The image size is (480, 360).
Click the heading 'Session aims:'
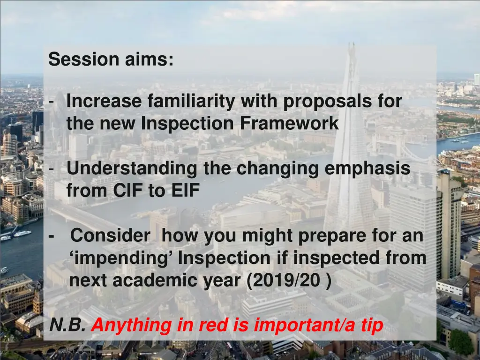[x=111, y=60]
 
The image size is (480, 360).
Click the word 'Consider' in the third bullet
[x=111, y=236]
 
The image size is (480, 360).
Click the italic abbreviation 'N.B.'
[x=67, y=325]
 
